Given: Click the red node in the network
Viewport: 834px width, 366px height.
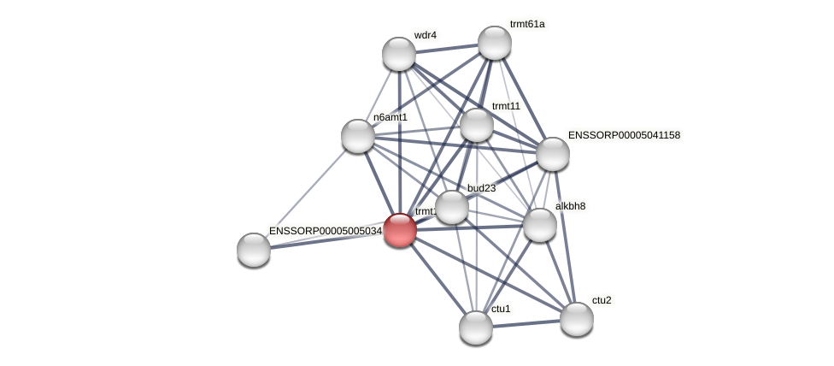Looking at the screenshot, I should point(400,230).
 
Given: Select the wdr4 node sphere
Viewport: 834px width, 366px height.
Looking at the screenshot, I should point(399,54).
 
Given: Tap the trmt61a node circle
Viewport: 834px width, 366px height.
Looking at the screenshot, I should point(495,43).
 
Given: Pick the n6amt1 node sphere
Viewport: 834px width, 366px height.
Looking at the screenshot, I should point(358,136).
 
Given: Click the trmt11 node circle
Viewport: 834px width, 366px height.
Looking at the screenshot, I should point(477,125).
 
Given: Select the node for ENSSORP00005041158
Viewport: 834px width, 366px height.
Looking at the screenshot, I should point(553,154).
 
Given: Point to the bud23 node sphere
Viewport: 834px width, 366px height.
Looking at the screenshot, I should point(452,207).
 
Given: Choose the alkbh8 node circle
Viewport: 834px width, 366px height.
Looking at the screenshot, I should point(540,225).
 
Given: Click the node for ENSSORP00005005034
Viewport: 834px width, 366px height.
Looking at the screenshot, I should point(254,250).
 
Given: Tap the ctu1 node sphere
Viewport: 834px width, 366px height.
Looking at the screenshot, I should point(476,328).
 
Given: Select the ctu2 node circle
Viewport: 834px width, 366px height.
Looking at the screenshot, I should point(577,319).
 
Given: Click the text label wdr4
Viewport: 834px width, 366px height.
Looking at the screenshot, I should point(425,35).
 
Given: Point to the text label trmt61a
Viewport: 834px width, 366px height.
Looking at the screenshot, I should point(527,24).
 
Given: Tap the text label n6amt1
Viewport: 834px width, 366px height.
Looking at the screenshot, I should point(391,117).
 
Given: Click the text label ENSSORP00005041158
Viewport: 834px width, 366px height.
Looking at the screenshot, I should point(624,135).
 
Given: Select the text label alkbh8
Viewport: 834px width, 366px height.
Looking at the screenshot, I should point(570,206).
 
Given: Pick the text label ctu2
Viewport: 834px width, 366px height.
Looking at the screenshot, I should point(602,300).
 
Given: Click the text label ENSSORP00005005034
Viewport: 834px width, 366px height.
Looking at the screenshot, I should point(325,231).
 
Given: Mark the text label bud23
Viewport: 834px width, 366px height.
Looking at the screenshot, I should point(481,188).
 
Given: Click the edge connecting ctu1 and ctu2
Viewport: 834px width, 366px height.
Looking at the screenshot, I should point(526,323).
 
